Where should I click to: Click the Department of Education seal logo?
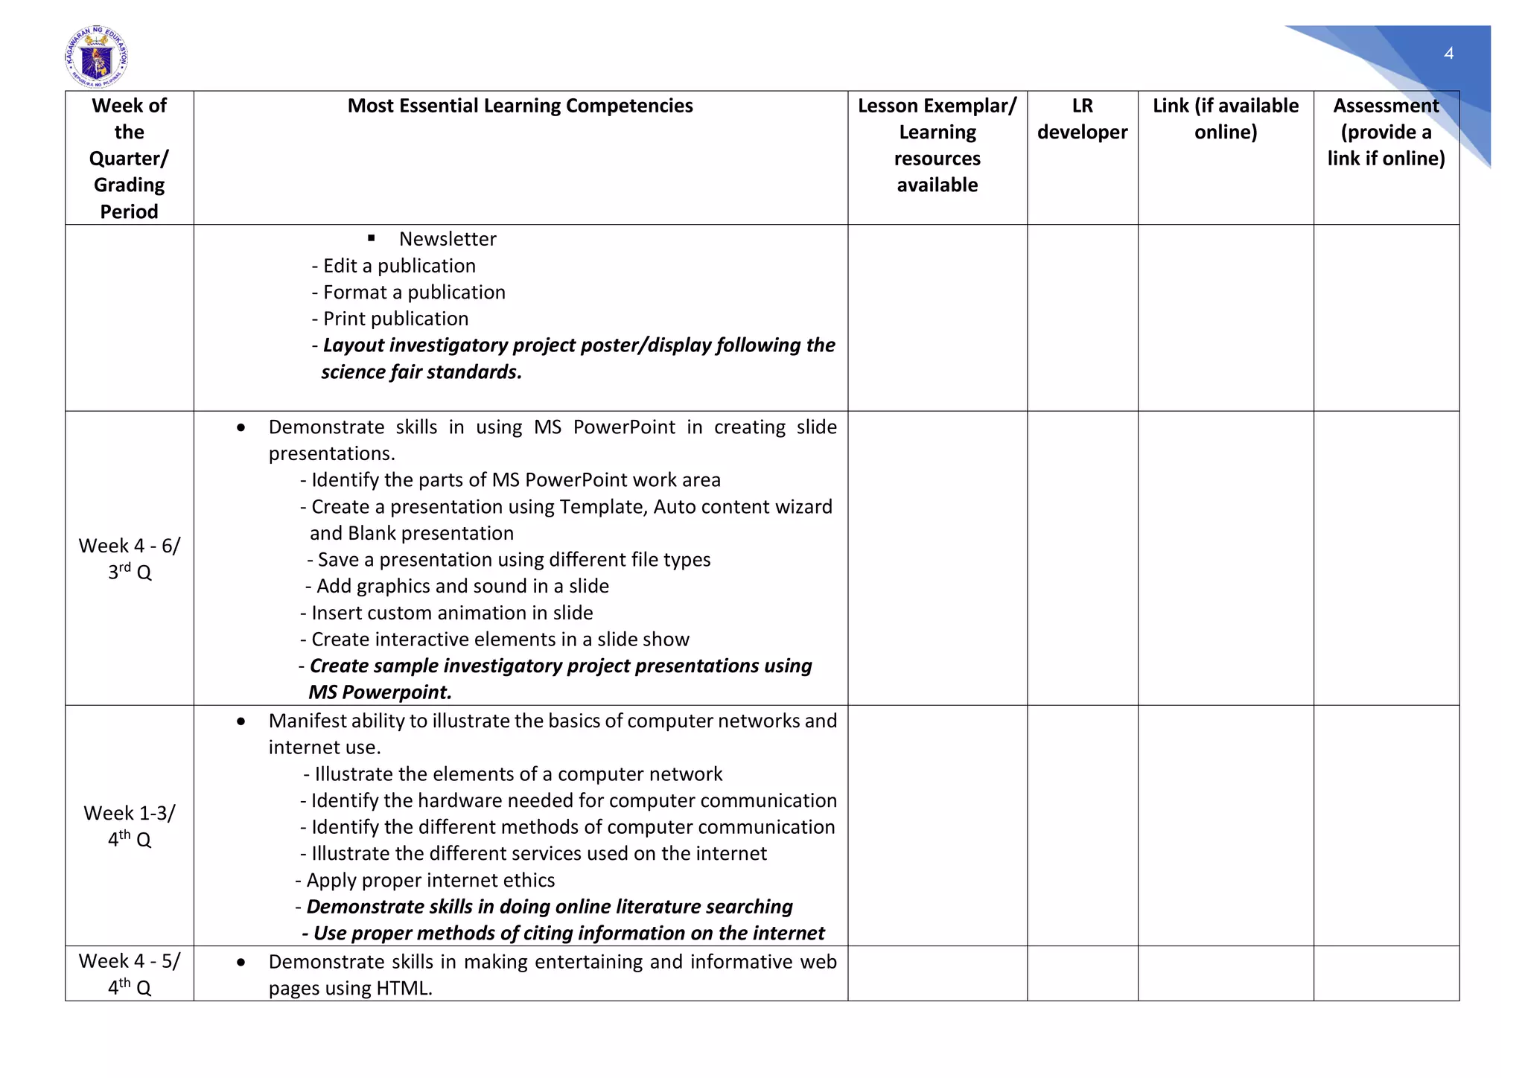click(x=96, y=57)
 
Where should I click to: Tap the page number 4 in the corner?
click(x=1448, y=53)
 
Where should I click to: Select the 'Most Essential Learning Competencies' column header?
click(x=520, y=106)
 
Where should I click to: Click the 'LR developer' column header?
click(x=1082, y=119)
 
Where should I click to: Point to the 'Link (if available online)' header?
click(x=1225, y=119)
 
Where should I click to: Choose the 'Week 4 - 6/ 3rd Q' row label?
click(x=130, y=558)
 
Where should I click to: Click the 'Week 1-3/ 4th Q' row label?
click(x=130, y=826)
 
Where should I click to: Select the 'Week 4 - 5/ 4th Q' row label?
click(x=130, y=974)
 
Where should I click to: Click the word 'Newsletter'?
click(x=448, y=239)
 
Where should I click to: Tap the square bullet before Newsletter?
click(x=372, y=238)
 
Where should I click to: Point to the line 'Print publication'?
click(x=395, y=319)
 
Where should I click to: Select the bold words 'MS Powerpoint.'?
click(x=380, y=692)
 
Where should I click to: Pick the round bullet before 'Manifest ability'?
click(x=241, y=721)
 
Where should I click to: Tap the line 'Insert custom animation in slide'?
click(x=451, y=613)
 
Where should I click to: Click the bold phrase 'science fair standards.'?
click(x=421, y=371)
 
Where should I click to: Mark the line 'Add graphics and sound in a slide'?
click(x=462, y=586)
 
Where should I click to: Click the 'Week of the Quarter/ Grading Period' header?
click(x=130, y=158)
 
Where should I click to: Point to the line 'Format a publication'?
click(x=413, y=292)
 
